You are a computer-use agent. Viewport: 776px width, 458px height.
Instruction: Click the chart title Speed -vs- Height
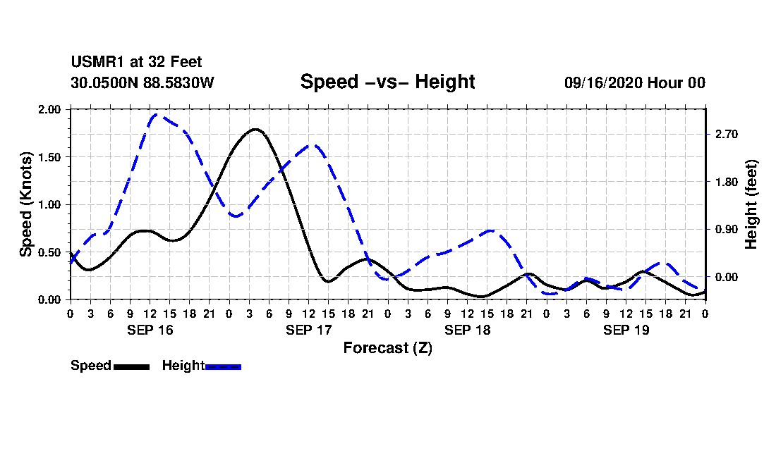(387, 82)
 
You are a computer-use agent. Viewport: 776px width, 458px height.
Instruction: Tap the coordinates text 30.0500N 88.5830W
(142, 82)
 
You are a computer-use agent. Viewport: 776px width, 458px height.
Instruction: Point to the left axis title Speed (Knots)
(26, 204)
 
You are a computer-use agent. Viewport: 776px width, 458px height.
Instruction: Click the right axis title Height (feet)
(751, 204)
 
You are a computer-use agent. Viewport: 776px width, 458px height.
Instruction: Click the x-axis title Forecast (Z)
(387, 347)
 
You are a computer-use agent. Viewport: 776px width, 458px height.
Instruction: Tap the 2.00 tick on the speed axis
(50, 109)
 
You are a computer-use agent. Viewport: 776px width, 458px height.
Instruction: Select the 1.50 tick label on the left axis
(50, 157)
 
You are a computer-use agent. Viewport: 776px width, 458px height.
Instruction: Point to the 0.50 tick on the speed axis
(50, 252)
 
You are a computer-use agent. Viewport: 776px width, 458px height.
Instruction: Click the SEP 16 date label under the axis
(150, 330)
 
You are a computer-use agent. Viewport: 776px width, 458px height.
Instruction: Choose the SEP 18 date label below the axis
(468, 330)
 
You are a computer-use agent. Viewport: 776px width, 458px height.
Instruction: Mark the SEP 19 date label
(626, 330)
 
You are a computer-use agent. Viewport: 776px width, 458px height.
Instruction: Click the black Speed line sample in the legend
(131, 366)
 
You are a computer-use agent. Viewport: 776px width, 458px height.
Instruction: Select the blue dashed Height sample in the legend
(223, 366)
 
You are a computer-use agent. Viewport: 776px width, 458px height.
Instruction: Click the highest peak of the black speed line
(255, 130)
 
